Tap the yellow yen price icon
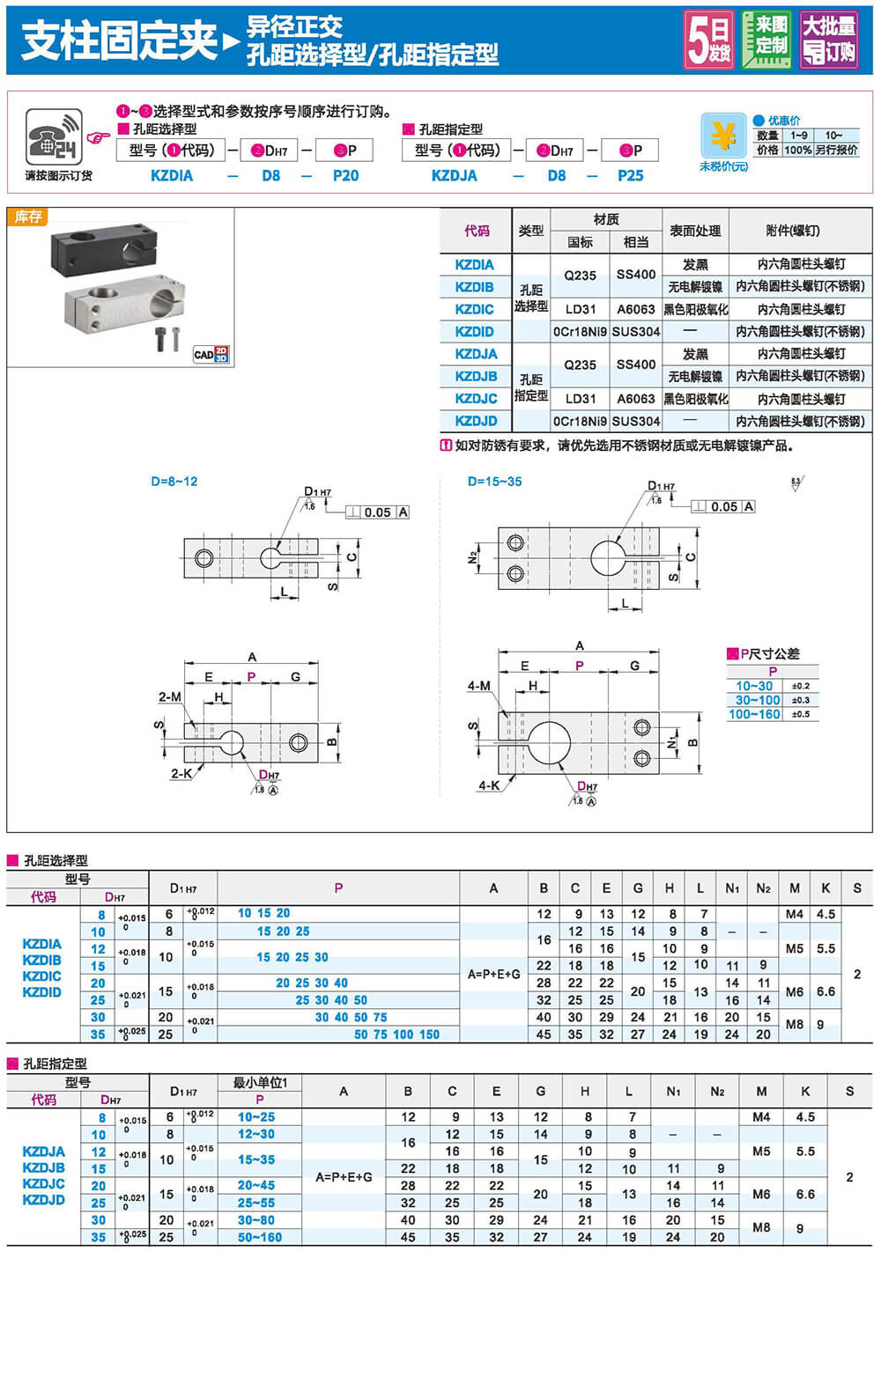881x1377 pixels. pyautogui.click(x=722, y=136)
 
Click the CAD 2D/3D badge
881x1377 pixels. pyautogui.click(x=211, y=354)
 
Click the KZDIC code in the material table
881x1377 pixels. pyautogui.click(x=474, y=309)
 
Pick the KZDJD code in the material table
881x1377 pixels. pyautogui.click(x=476, y=421)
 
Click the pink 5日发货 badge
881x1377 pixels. pyautogui.click(x=709, y=40)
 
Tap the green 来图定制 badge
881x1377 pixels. pyautogui.click(x=766, y=40)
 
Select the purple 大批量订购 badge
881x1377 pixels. pyautogui.click(x=828, y=40)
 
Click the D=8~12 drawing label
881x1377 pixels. pyautogui.click(x=174, y=482)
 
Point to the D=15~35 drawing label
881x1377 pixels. pyautogui.click(x=494, y=482)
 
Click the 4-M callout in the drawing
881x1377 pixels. pyautogui.click(x=479, y=685)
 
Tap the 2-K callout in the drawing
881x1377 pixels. pyautogui.click(x=181, y=774)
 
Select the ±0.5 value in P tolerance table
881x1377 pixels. pyautogui.click(x=800, y=714)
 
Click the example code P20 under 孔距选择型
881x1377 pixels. pyautogui.click(x=345, y=175)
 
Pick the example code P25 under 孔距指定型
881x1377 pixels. pyautogui.click(x=630, y=175)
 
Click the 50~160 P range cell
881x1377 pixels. pyautogui.click(x=259, y=1237)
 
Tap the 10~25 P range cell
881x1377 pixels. pyautogui.click(x=256, y=1116)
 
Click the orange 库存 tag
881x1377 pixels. pyautogui.click(x=27, y=217)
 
